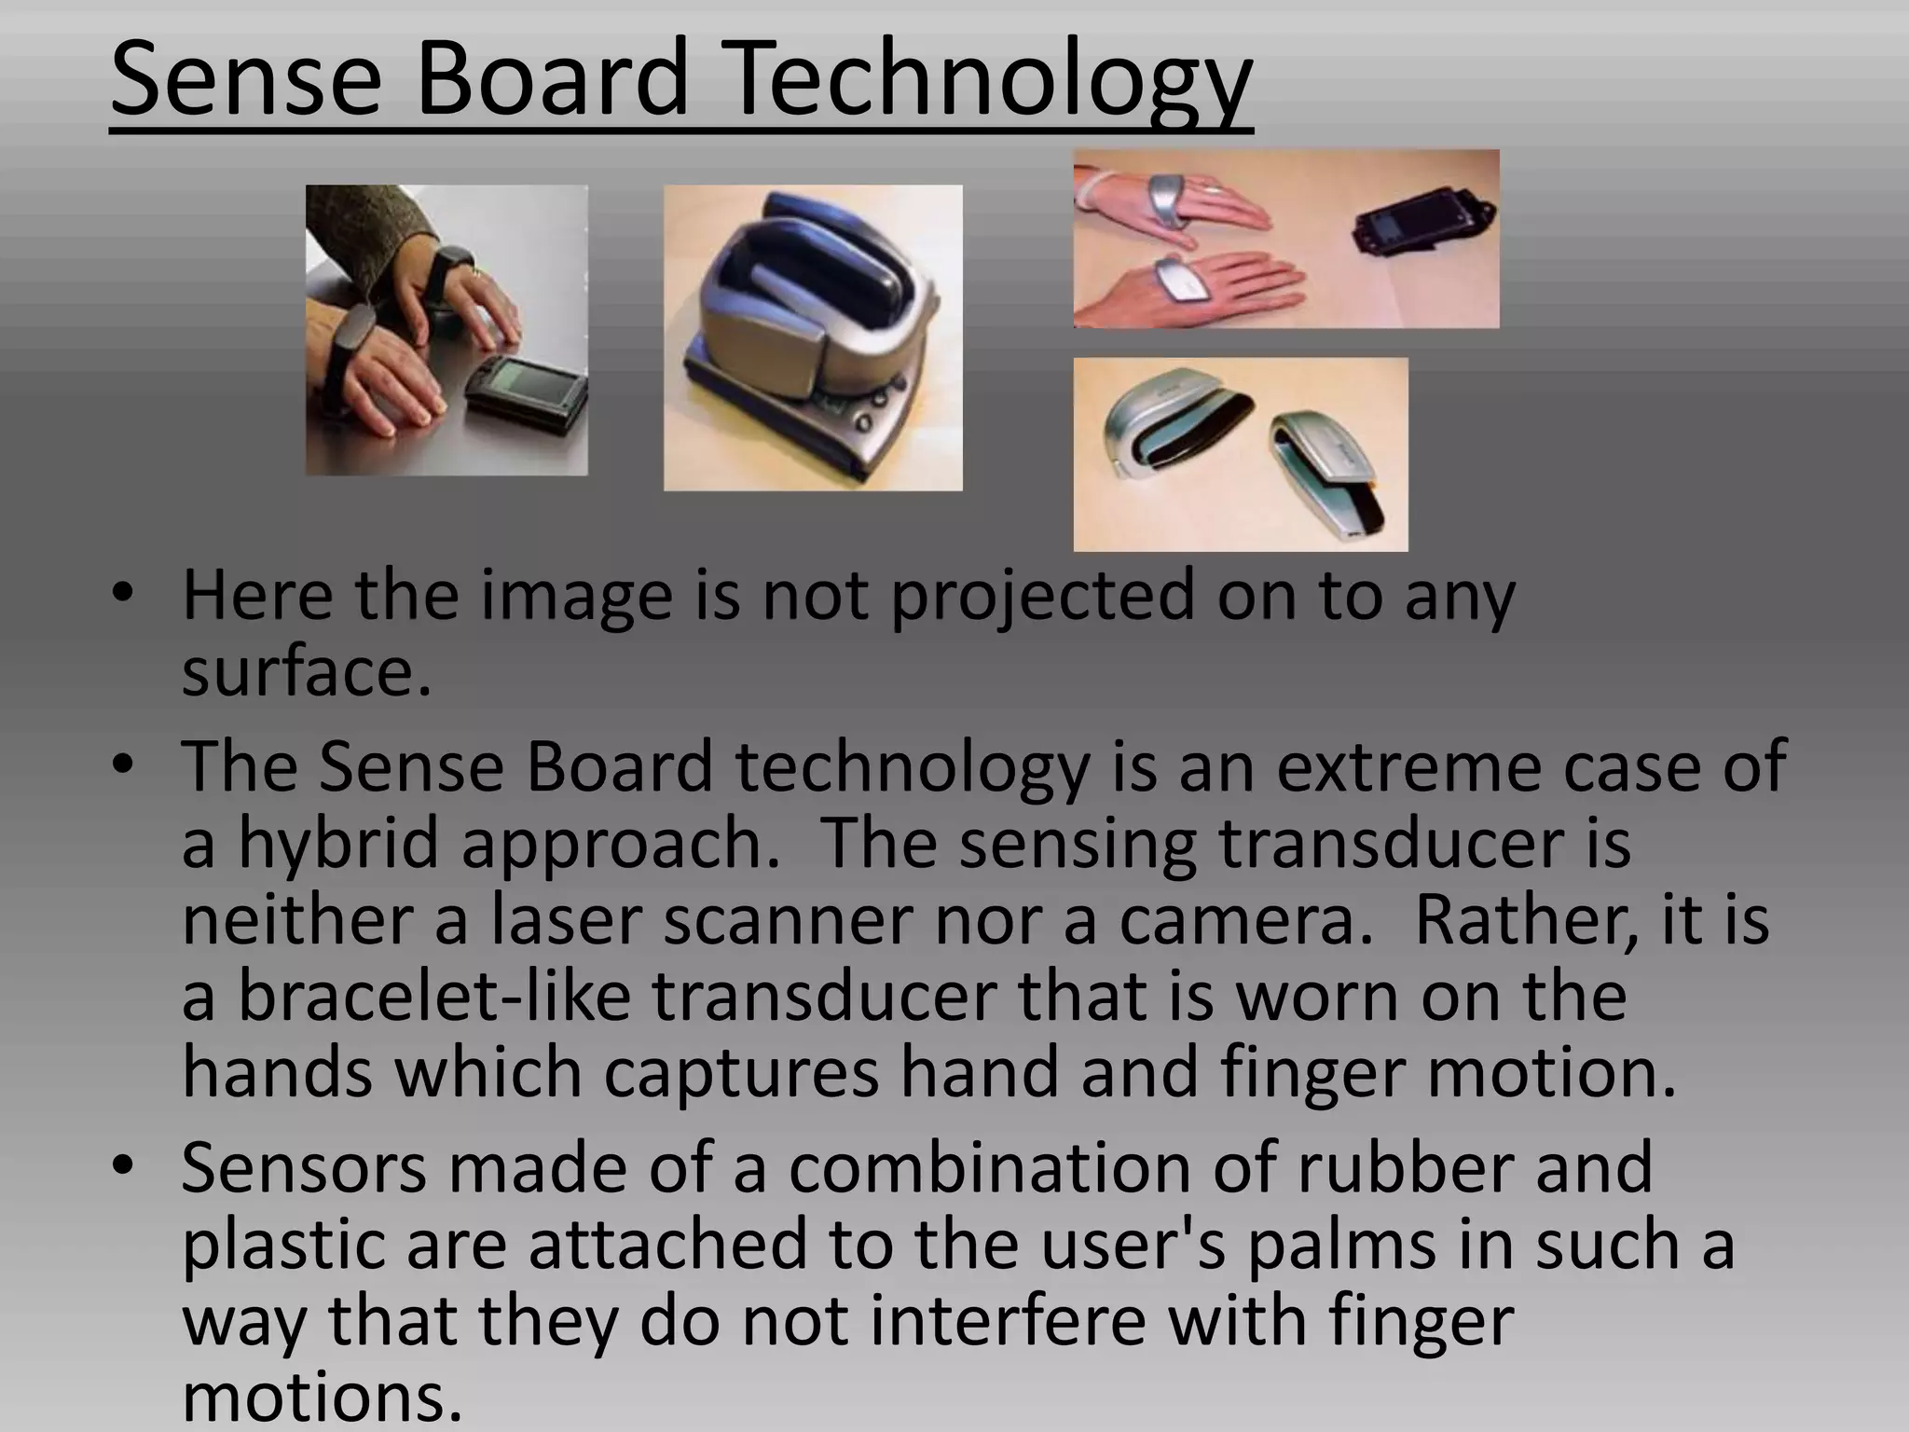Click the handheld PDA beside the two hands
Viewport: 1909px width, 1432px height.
[526, 393]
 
